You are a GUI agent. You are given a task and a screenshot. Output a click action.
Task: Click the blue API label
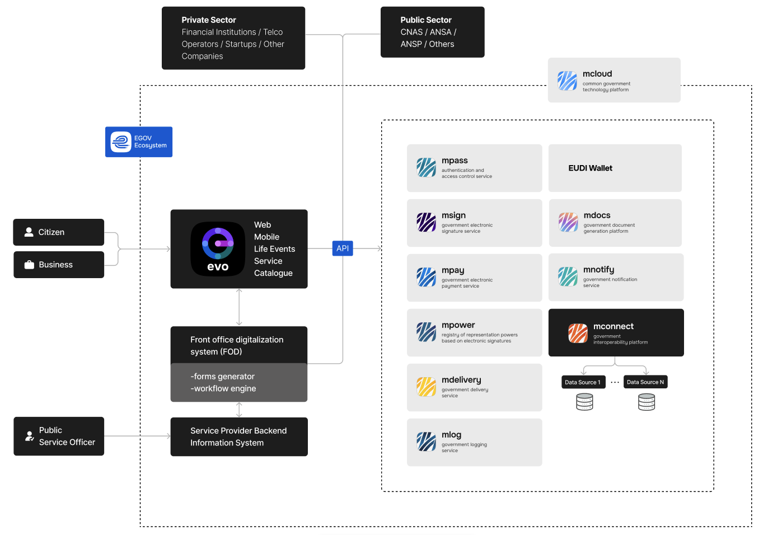[343, 248]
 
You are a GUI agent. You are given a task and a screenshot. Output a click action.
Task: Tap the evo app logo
[218, 249]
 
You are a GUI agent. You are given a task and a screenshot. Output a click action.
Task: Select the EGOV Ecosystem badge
[139, 142]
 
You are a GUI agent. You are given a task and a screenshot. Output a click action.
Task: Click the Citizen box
[59, 232]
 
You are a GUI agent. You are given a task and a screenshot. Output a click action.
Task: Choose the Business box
[59, 265]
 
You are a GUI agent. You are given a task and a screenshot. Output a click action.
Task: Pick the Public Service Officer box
[59, 437]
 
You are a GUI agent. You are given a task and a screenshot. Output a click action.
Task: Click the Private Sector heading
[209, 20]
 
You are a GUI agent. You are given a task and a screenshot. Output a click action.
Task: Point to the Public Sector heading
[426, 20]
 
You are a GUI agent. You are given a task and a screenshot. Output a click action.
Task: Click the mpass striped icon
[427, 167]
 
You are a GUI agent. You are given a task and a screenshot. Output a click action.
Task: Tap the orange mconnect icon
[578, 333]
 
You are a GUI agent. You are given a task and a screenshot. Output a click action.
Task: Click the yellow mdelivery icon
[427, 387]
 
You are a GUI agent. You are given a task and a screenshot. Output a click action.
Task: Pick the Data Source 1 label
[583, 382]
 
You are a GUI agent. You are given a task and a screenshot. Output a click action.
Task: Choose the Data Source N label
[645, 382]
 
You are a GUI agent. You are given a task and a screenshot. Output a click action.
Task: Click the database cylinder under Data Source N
[647, 402]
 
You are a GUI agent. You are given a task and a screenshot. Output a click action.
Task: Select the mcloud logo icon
[568, 81]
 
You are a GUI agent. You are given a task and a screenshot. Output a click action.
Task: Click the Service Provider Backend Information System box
[239, 437]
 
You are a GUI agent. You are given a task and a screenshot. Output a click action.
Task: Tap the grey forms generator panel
[239, 383]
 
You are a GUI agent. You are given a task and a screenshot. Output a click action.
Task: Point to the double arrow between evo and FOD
[239, 307]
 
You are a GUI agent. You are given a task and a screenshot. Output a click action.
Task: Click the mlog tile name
[452, 435]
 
